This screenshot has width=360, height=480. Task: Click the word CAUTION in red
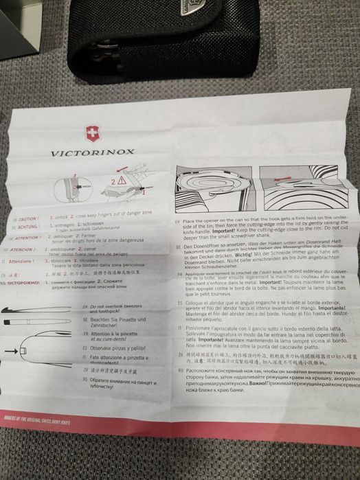coord(29,219)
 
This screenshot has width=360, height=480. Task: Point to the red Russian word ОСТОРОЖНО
coord(31,282)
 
